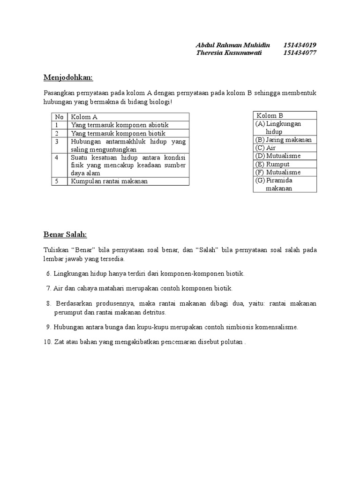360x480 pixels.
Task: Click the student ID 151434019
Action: coord(300,45)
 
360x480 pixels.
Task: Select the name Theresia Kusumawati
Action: coord(229,53)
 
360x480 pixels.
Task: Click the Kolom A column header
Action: coord(84,117)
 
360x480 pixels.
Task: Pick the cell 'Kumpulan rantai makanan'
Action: coord(109,181)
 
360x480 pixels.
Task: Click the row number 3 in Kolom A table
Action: coord(57,141)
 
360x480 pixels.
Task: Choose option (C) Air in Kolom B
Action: coord(266,148)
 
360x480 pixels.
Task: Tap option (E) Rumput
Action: coord(272,164)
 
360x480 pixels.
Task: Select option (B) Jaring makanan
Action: coord(283,140)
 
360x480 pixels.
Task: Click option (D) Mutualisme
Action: coord(278,156)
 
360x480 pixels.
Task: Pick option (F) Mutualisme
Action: coord(278,172)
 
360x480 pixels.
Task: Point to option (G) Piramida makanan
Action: coord(280,184)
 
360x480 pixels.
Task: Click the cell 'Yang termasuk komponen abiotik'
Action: coord(120,125)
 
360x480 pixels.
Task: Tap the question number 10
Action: coord(47,342)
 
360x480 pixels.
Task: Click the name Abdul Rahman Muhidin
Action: coord(232,45)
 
